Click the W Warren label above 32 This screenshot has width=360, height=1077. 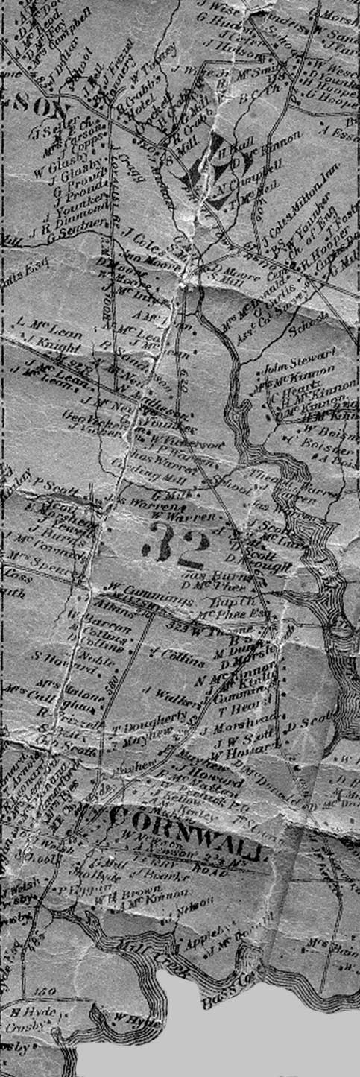tap(183, 516)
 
